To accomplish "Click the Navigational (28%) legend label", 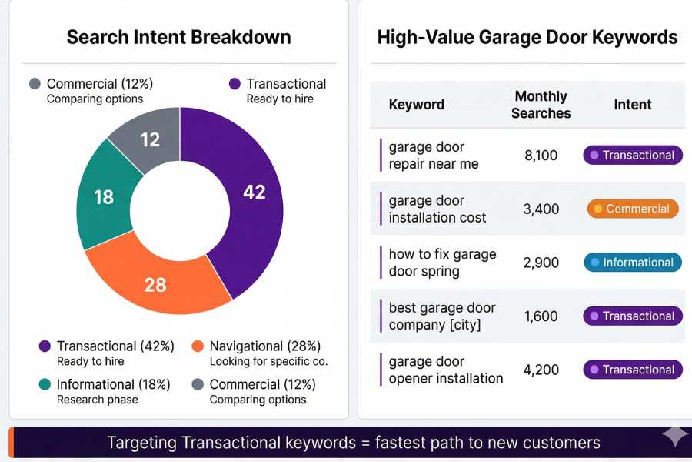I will pos(264,346).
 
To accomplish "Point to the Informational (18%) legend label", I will pos(113,384).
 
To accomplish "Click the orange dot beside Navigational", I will pos(198,346).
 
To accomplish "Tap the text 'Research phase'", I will pos(97,400).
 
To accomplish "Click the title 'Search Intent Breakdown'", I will pos(178,37).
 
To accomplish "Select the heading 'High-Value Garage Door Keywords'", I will pos(527,37).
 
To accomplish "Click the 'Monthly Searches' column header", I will pos(541,105).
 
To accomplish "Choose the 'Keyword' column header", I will pos(416,105).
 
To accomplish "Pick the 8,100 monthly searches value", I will pos(541,156).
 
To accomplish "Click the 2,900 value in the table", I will pos(541,263).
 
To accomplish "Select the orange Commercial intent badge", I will pos(633,209).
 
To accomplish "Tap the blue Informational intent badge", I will pos(633,263).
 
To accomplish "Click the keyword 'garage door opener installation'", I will pos(445,370).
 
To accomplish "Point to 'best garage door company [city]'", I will pos(441,316).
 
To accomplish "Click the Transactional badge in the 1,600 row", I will pos(633,316).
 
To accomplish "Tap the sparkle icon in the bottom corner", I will pos(674,436).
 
